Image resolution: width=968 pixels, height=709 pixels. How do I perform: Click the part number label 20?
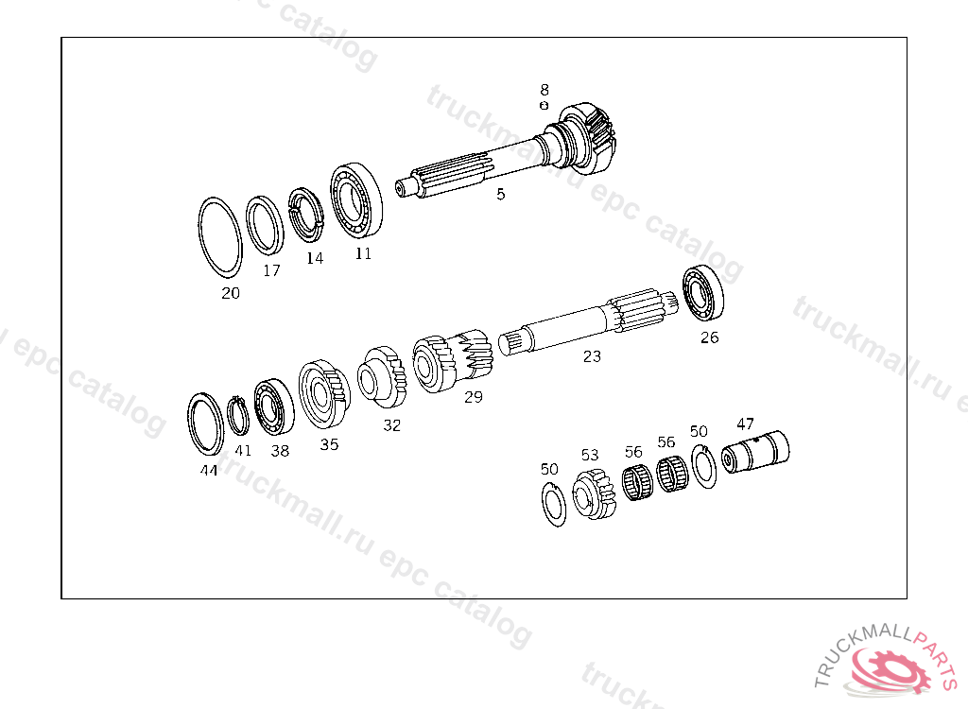231,293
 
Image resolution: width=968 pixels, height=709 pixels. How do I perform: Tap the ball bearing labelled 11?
355,200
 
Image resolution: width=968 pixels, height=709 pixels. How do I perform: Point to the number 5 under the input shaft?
501,194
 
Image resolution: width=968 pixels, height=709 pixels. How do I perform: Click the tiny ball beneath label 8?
544,106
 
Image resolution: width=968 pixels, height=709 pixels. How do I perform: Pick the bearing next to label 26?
703,293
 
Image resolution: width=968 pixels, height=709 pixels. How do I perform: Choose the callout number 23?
592,356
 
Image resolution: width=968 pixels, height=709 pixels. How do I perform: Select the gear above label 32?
382,377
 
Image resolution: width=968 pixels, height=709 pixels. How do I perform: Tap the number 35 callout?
329,444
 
